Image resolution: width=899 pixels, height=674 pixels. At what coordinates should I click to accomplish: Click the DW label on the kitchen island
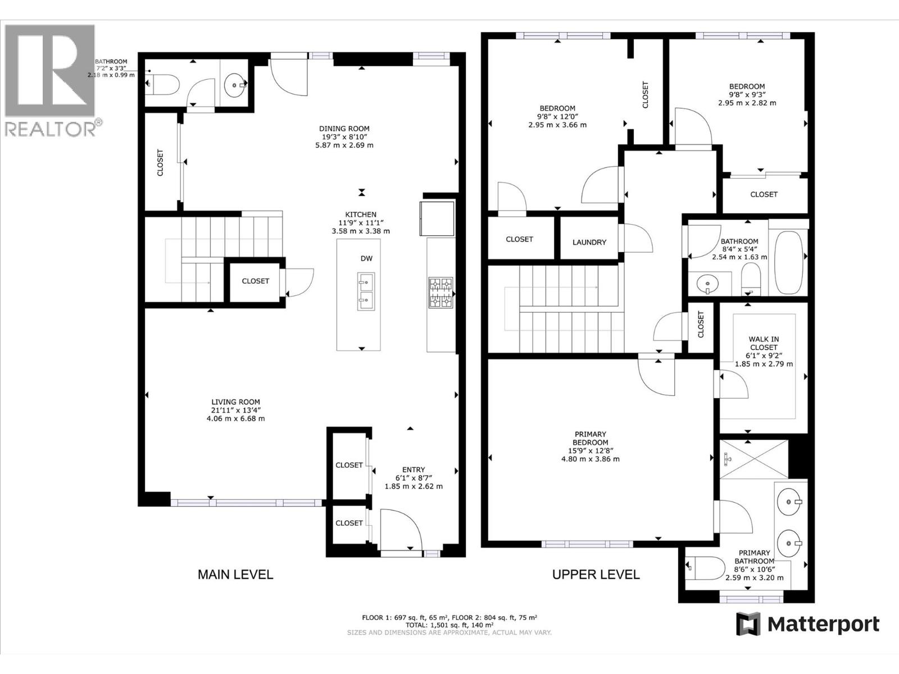tap(366, 258)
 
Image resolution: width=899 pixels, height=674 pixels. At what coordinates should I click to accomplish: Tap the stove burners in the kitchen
tap(441, 293)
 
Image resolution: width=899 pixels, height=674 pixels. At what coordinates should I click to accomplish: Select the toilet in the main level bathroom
tap(164, 85)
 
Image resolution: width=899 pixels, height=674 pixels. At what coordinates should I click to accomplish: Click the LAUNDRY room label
tap(589, 242)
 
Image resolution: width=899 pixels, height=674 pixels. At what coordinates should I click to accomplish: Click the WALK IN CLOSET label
tap(764, 343)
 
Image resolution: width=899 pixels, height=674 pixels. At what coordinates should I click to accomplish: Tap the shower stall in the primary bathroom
tap(755, 459)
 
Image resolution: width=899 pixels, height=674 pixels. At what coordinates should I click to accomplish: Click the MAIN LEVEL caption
tap(235, 575)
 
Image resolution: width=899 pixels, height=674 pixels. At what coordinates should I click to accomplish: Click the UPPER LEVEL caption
tap(596, 575)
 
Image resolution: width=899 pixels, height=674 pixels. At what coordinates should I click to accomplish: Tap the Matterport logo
tap(808, 624)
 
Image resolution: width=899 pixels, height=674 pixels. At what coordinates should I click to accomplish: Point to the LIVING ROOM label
tap(235, 402)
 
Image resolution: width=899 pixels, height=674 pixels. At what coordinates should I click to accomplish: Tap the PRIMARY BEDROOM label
tap(590, 438)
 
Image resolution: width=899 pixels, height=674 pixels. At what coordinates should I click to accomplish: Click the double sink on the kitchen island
tap(366, 292)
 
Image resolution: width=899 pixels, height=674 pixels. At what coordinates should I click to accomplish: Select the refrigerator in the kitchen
tap(437, 218)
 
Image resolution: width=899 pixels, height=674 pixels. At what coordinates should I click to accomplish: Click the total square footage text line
tap(449, 625)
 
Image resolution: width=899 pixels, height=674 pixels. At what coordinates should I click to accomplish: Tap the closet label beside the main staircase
tap(255, 281)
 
